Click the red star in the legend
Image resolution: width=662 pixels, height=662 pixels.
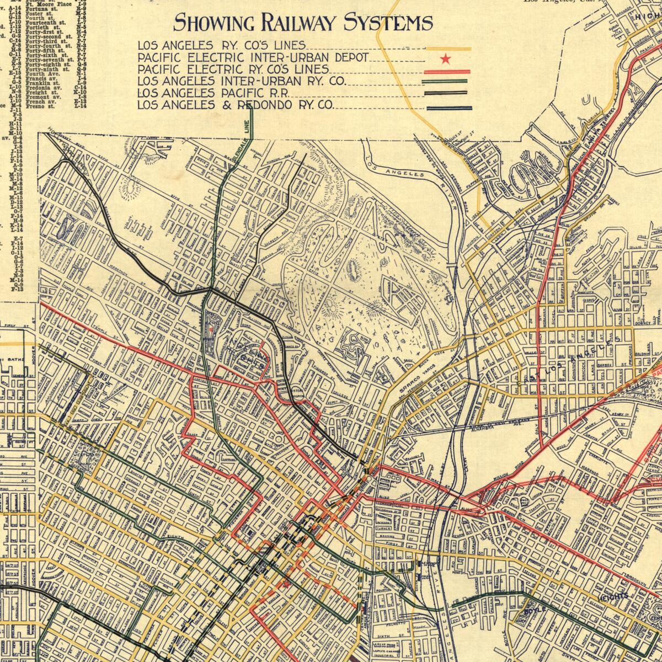point(446,58)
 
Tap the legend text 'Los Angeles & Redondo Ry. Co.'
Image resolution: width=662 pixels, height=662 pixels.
point(236,105)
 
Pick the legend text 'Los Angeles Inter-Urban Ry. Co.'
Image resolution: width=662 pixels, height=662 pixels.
point(242,82)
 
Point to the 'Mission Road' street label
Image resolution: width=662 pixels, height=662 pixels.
point(508,474)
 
